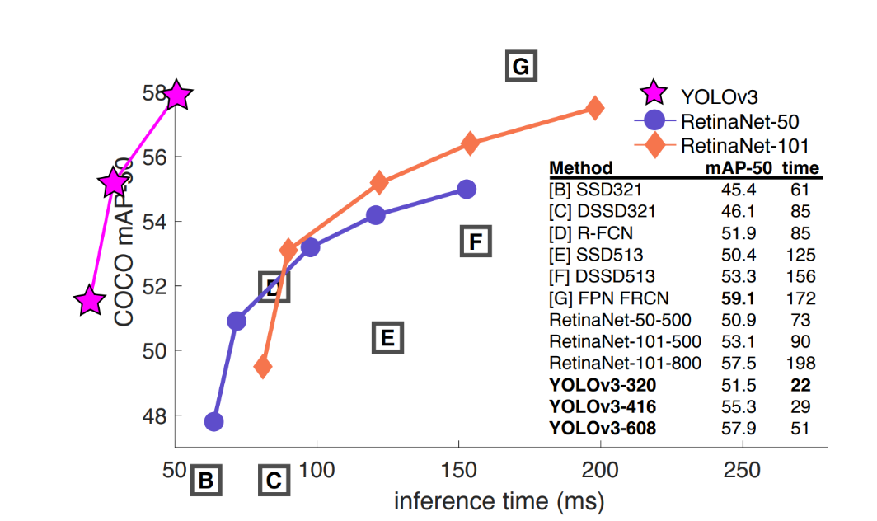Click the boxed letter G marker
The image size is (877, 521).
click(x=520, y=65)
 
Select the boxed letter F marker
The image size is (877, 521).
click(x=474, y=242)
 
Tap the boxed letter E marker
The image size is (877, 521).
click(x=387, y=337)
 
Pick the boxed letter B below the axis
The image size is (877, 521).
click(x=206, y=480)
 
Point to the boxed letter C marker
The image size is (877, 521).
click(x=274, y=480)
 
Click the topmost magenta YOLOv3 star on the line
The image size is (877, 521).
click(x=176, y=96)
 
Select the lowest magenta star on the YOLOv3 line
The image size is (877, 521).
click(x=90, y=302)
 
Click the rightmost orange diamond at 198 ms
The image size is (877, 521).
click(x=594, y=109)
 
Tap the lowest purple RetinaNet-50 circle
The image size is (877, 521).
click(x=214, y=421)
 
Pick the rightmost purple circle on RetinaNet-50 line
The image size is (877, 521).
click(x=467, y=189)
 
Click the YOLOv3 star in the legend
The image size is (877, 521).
click(x=653, y=94)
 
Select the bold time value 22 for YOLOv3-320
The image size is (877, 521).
click(x=800, y=384)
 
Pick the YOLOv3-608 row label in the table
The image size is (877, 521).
click(x=603, y=428)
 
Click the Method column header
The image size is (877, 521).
click(x=581, y=169)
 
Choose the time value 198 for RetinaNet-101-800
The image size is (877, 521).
click(x=800, y=363)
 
